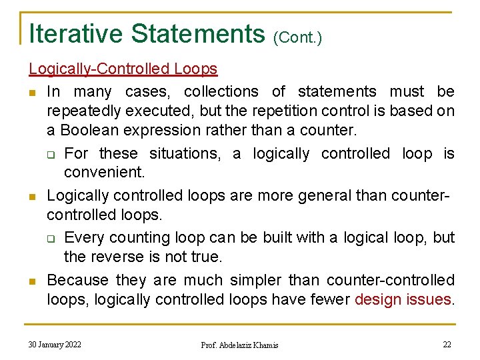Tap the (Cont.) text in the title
297,37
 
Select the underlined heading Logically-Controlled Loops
123,69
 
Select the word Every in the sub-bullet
85,237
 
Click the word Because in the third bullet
79,279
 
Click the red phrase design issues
403,300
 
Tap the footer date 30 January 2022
55,344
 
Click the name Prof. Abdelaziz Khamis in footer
239,345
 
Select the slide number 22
447,344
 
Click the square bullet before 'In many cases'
32,92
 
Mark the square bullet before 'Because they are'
32,281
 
